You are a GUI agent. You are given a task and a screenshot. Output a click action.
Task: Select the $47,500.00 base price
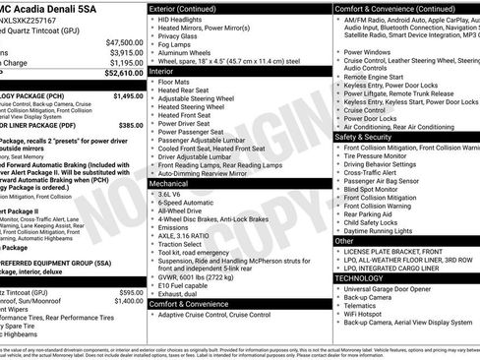[124, 42]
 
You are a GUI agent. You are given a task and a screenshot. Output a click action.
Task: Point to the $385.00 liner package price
[131, 126]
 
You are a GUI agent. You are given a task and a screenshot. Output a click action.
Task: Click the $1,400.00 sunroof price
[127, 301]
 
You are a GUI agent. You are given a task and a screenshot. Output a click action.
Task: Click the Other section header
[344, 240]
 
